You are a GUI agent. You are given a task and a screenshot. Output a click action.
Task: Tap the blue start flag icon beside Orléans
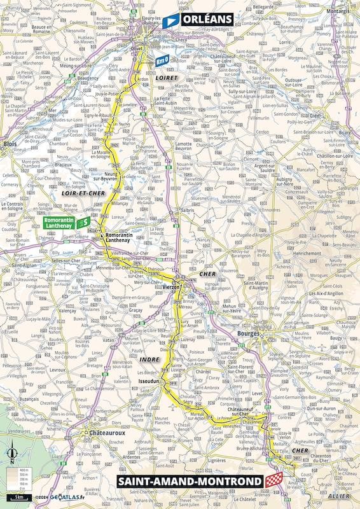click(x=170, y=22)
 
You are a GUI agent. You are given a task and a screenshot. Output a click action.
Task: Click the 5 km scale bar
click(x=21, y=495)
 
